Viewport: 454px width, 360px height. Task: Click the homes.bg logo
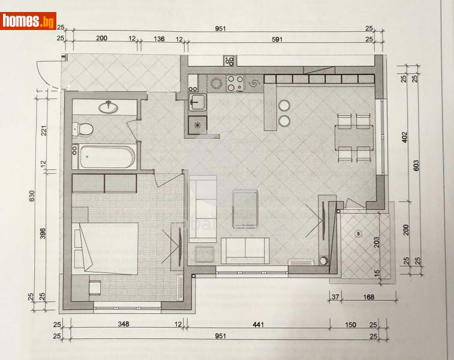coord(28,22)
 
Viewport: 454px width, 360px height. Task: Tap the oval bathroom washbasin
coord(109,107)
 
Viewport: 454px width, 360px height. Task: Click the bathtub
coord(104,158)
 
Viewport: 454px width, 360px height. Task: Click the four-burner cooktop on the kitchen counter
coord(234,83)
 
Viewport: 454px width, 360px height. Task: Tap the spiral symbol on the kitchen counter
coord(254,83)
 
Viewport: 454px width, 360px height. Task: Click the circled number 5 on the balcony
coord(358,233)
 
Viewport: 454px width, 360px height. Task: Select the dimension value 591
coord(276,39)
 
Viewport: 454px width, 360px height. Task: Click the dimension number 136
coord(159,39)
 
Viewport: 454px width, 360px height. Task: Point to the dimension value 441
coord(257,325)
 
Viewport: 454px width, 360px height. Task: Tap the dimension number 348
coord(122,325)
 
